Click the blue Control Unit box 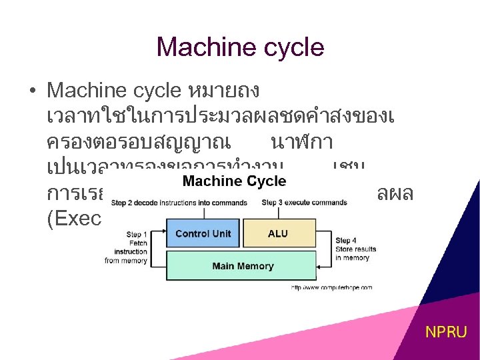[203, 233]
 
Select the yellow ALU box [277, 233]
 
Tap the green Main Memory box [243, 266]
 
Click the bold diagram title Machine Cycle [234, 181]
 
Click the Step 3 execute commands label [304, 202]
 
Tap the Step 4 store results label [355, 249]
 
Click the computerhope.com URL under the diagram [331, 287]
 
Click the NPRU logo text [447, 331]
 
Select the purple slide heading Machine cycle [240, 47]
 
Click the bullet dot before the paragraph [33, 90]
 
